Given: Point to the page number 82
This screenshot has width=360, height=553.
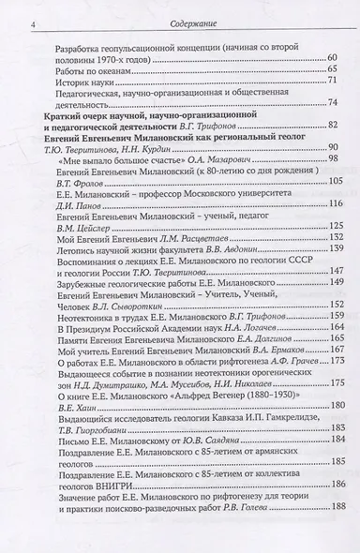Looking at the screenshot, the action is coord(329,125).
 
